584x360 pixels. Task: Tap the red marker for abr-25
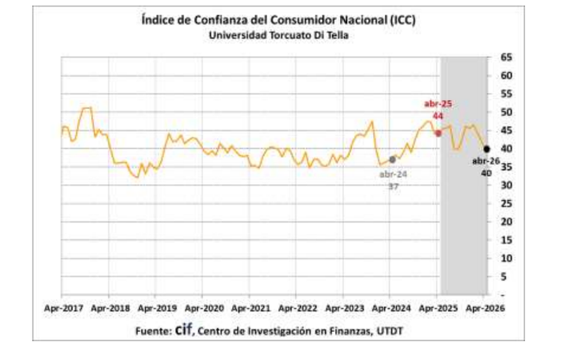(x=438, y=133)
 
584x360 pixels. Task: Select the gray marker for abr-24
(x=392, y=159)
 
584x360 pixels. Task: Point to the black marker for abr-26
(x=486, y=149)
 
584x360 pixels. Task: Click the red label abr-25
(x=438, y=104)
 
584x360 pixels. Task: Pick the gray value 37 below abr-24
(x=393, y=186)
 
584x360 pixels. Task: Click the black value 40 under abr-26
(x=486, y=172)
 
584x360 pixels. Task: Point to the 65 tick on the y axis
(x=506, y=58)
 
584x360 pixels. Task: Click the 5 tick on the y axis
(x=506, y=278)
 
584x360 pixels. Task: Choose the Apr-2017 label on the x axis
(x=62, y=307)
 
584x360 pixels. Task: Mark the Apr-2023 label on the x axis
(x=343, y=307)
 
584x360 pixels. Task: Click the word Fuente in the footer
(x=150, y=330)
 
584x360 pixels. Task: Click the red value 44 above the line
(x=438, y=116)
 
